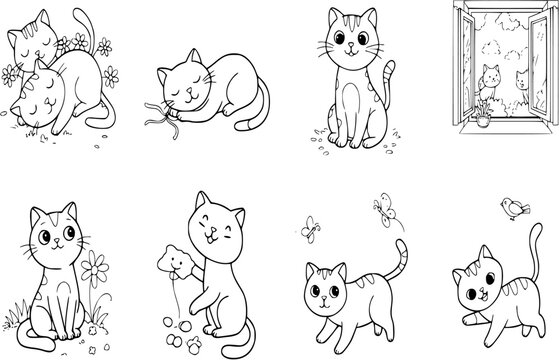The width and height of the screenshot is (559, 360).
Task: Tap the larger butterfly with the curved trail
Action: pos(380,207)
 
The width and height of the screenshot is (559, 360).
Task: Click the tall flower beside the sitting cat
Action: pos(95,271)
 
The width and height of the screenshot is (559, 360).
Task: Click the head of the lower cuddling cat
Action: pos(37,93)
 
